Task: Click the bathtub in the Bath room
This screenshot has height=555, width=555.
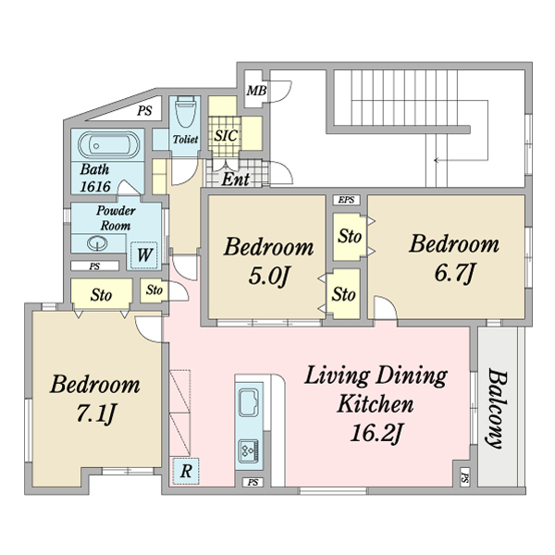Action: tap(108, 145)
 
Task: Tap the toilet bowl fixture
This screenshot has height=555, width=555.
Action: tap(186, 112)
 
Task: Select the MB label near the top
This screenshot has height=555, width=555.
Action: tap(256, 91)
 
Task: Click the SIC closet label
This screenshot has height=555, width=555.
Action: tap(226, 136)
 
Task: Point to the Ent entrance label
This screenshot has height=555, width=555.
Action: tap(235, 179)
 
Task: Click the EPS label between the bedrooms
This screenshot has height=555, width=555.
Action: tap(346, 200)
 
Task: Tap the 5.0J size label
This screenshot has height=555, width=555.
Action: tap(269, 276)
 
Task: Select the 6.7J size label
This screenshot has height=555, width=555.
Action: tap(454, 273)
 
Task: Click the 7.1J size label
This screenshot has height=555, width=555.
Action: tap(95, 413)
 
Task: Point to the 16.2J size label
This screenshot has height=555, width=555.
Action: tap(376, 433)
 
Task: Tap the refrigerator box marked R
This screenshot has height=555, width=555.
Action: tap(186, 472)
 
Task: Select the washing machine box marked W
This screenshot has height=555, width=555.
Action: tap(144, 255)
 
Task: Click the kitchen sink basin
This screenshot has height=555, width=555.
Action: tap(249, 402)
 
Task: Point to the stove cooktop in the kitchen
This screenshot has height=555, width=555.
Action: tap(249, 450)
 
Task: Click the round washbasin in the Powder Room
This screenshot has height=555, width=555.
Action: tap(97, 243)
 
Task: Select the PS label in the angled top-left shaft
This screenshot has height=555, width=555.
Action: tap(144, 111)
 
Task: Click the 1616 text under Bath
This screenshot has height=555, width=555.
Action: tap(95, 186)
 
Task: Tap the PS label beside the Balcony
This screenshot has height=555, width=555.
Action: tap(465, 479)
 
